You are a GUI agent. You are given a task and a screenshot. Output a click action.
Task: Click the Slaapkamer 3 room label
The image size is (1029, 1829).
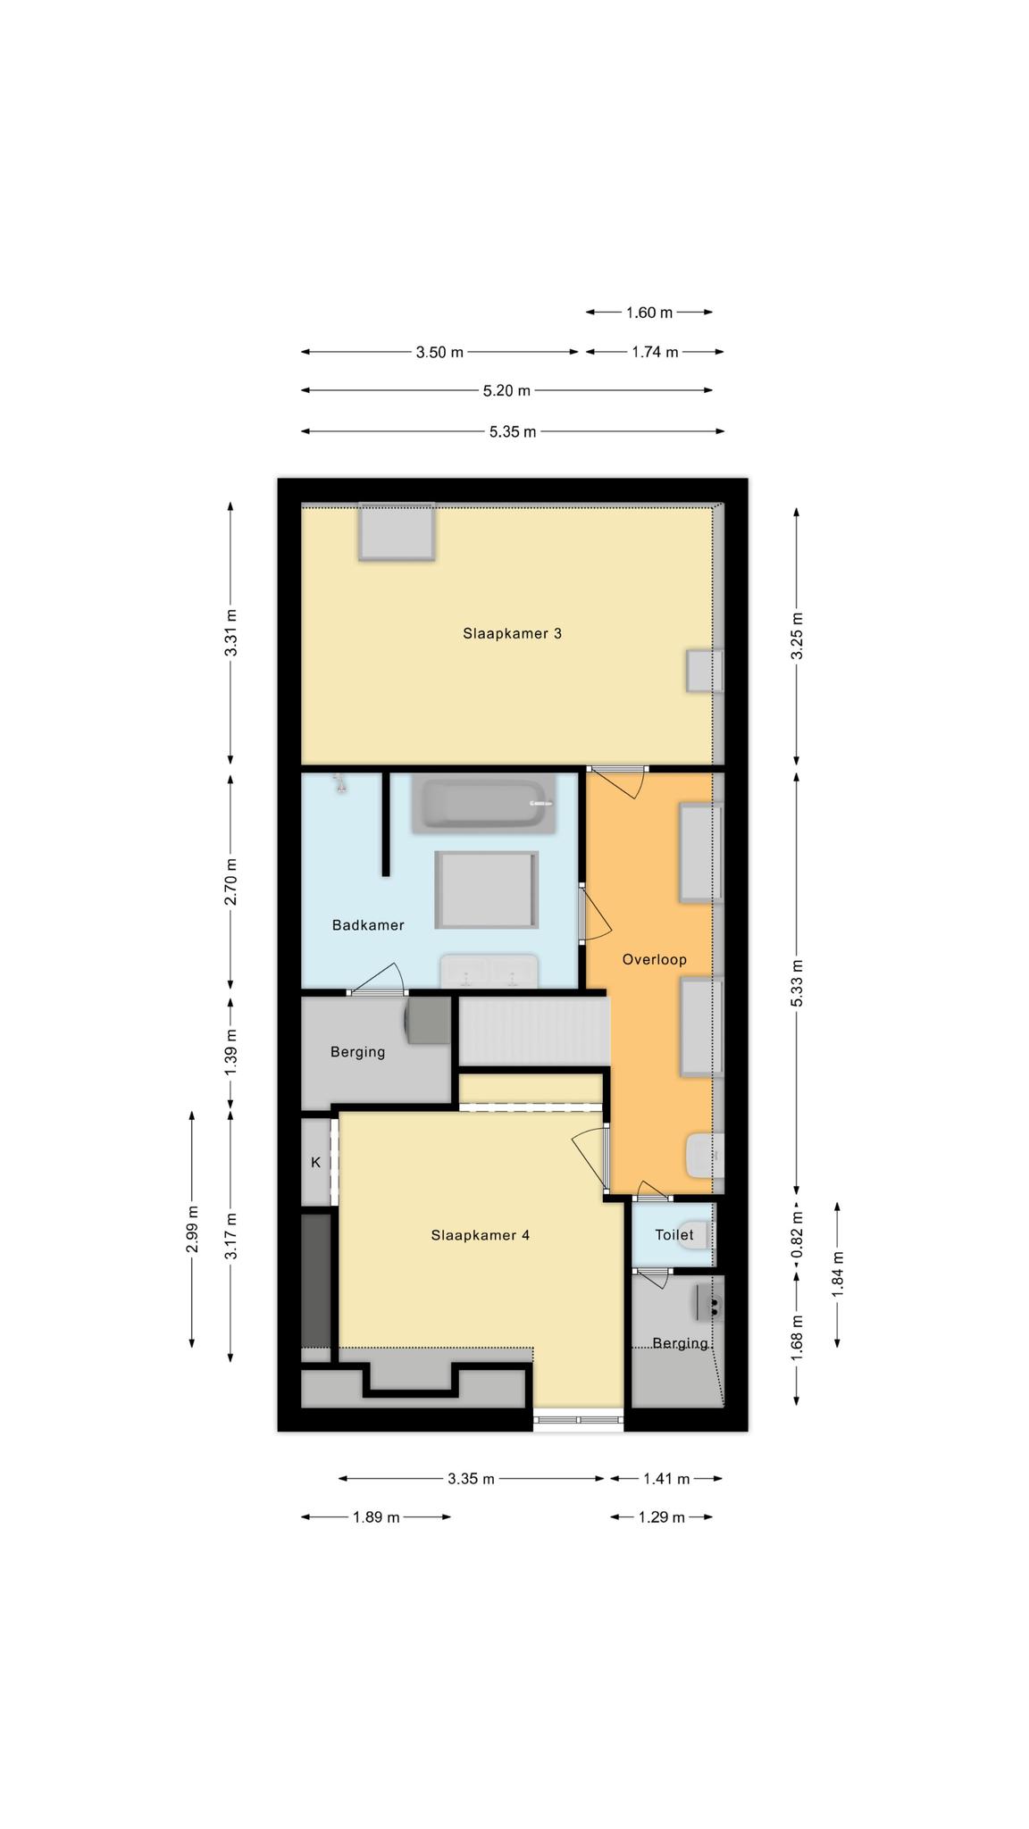pyautogui.click(x=512, y=633)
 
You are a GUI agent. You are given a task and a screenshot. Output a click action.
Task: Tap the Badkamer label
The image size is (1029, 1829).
pyautogui.click(x=368, y=925)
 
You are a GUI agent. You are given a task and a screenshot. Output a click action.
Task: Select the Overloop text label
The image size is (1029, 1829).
pyautogui.click(x=655, y=960)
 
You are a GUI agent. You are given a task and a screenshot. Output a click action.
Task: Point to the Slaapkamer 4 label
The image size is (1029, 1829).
pyautogui.click(x=481, y=1235)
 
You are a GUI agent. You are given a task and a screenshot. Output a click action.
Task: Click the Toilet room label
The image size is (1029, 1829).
pyautogui.click(x=674, y=1235)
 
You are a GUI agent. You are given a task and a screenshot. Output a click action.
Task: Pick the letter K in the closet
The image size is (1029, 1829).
pyautogui.click(x=315, y=1163)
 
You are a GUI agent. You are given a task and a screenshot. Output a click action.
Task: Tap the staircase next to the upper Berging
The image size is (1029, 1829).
pyautogui.click(x=533, y=1031)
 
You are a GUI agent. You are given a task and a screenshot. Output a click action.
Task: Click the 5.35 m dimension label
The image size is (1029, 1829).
pyautogui.click(x=513, y=432)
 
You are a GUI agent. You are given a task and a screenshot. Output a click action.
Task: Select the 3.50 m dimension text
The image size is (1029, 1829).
pyautogui.click(x=439, y=352)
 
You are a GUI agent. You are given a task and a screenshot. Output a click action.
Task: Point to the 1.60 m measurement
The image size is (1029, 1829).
pyautogui.click(x=649, y=313)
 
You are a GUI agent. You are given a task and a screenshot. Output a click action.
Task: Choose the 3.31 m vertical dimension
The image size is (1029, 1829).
pyautogui.click(x=231, y=633)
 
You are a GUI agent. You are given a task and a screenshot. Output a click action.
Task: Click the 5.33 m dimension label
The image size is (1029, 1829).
pyautogui.click(x=797, y=982)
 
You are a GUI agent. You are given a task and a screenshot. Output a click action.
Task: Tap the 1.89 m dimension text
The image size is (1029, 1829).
pyautogui.click(x=376, y=1516)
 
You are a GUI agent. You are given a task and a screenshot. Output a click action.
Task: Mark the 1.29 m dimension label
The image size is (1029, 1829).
pyautogui.click(x=662, y=1516)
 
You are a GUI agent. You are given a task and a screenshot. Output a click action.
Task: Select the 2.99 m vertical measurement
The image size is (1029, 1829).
pyautogui.click(x=192, y=1229)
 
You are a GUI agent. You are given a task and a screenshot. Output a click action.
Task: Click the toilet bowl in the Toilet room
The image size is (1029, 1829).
pyautogui.click(x=694, y=1235)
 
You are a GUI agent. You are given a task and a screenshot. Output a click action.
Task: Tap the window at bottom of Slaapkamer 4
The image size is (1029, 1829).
pyautogui.click(x=579, y=1419)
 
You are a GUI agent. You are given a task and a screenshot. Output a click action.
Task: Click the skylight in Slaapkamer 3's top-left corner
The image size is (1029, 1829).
pyautogui.click(x=397, y=532)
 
